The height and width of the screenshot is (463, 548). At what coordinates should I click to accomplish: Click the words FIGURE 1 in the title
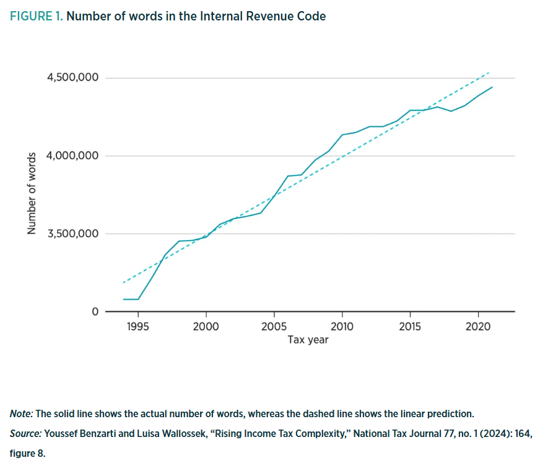point(36,17)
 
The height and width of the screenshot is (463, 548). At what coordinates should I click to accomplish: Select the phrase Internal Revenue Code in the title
point(263,17)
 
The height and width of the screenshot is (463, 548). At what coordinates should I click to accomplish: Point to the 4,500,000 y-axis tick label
point(73,78)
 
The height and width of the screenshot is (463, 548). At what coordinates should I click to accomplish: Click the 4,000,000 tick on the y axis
point(73,155)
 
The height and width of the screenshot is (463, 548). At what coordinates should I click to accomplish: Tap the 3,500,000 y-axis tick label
point(73,234)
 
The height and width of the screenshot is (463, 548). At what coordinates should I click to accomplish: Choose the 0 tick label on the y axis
point(95,311)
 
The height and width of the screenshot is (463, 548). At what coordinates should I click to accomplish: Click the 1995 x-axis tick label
point(137,327)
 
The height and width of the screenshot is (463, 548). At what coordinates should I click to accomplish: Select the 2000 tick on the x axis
point(206,327)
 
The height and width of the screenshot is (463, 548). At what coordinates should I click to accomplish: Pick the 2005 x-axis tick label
point(274,327)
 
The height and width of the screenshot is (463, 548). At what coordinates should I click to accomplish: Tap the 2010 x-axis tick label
point(342,327)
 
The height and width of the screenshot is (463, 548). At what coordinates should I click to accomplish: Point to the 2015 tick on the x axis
point(410,327)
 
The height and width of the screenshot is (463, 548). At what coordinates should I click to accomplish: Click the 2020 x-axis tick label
point(478,327)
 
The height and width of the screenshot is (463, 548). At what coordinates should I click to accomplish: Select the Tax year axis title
point(308,340)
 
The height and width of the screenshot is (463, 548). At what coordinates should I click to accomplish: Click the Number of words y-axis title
point(30,194)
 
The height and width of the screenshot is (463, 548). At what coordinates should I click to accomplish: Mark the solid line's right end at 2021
point(492,87)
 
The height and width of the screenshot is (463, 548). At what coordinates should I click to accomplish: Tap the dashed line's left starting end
point(124,282)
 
